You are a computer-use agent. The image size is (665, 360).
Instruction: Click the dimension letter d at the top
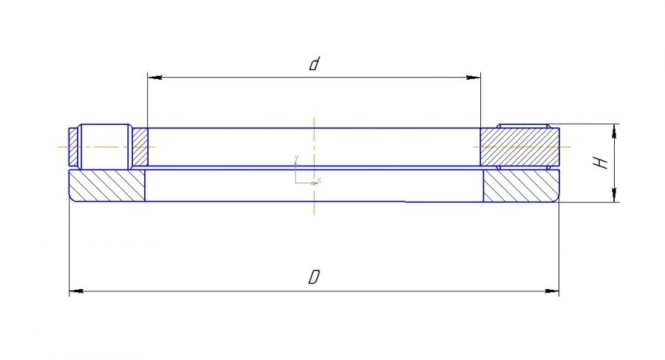313,65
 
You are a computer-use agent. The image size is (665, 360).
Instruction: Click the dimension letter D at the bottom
314,279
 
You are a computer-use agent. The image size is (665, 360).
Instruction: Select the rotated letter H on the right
604,162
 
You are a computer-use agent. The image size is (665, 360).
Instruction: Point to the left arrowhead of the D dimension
75,291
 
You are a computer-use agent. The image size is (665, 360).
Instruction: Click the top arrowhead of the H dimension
614,129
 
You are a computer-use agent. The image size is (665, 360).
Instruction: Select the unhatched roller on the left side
104,146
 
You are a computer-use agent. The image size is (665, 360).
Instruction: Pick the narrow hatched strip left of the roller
72,146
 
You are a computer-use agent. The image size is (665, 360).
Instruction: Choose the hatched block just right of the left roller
139,146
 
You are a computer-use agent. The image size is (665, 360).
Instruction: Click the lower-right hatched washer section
520,186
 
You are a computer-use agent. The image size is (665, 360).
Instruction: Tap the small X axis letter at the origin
319,180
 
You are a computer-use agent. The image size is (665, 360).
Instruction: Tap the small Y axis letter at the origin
296,157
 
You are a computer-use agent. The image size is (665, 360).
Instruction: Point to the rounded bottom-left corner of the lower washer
70,199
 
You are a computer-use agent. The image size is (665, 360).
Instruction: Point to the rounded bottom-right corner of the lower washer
557,199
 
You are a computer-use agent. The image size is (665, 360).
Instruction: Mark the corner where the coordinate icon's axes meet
296,182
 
